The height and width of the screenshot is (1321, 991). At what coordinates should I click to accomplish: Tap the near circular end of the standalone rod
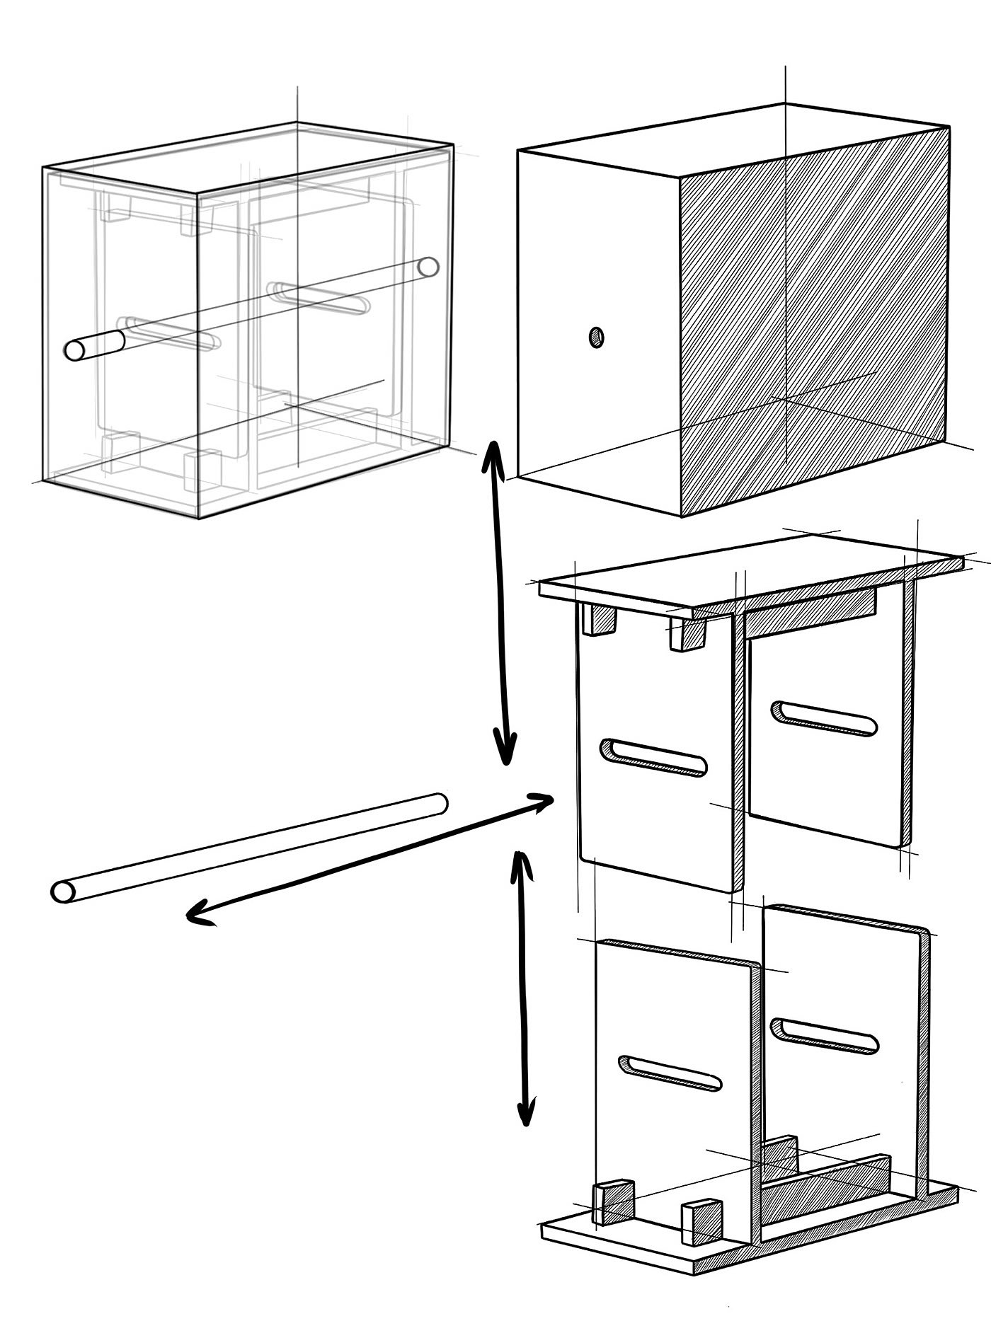63,892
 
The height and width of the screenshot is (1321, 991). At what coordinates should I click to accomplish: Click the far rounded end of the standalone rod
440,803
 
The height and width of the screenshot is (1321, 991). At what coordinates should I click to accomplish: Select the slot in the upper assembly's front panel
653,757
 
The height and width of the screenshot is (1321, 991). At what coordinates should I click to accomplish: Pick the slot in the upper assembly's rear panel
824,718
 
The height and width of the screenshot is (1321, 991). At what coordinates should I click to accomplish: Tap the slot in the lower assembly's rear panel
825,1034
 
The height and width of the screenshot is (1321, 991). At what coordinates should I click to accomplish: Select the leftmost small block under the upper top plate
599,620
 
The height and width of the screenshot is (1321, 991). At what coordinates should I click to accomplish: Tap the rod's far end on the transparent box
428,267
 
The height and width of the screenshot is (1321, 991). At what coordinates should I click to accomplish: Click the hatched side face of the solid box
814,318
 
